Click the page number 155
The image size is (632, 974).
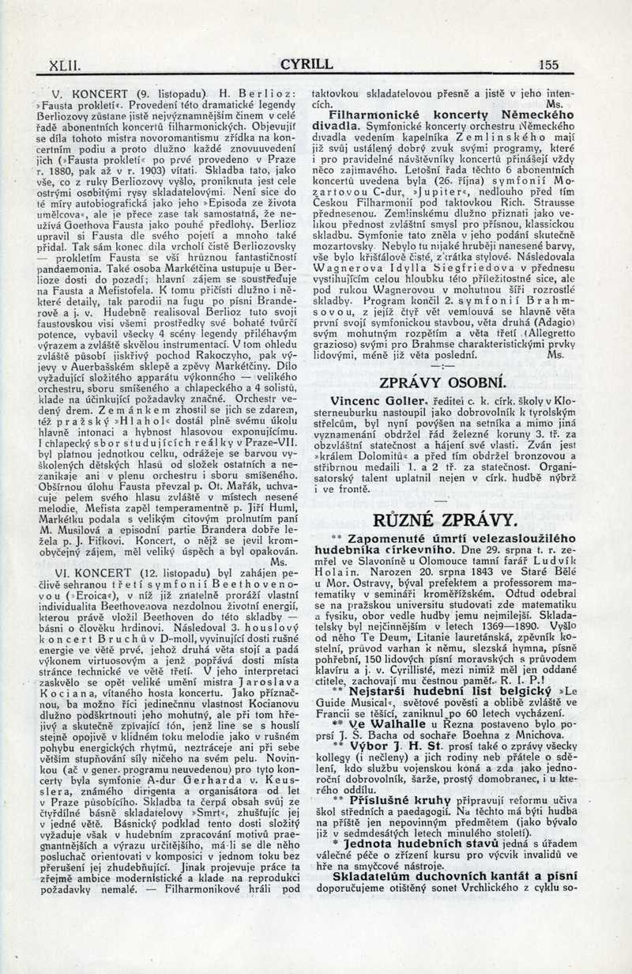point(547,65)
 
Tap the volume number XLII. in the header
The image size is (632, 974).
point(64,65)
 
